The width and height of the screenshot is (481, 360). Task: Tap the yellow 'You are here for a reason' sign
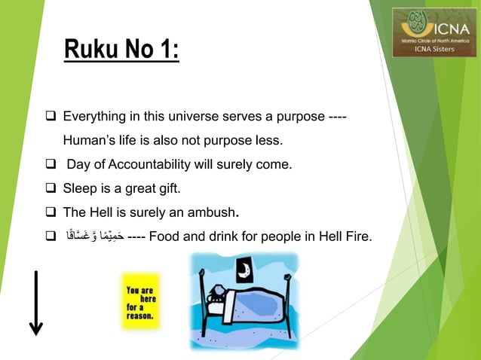140,301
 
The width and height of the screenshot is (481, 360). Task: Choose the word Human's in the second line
88,141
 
